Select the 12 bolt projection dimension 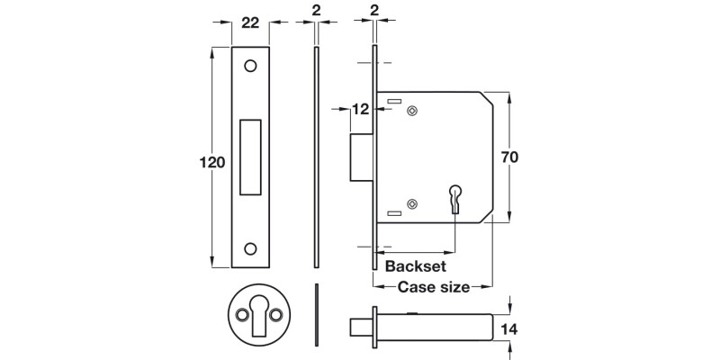[x=360, y=110]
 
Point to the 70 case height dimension [x=508, y=156]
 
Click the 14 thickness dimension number [x=508, y=329]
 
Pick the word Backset [x=415, y=266]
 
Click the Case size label [x=433, y=288]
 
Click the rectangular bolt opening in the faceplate [x=250, y=157]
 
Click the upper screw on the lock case [x=412, y=112]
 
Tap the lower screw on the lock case [x=412, y=204]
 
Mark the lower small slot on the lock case [x=393, y=212]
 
